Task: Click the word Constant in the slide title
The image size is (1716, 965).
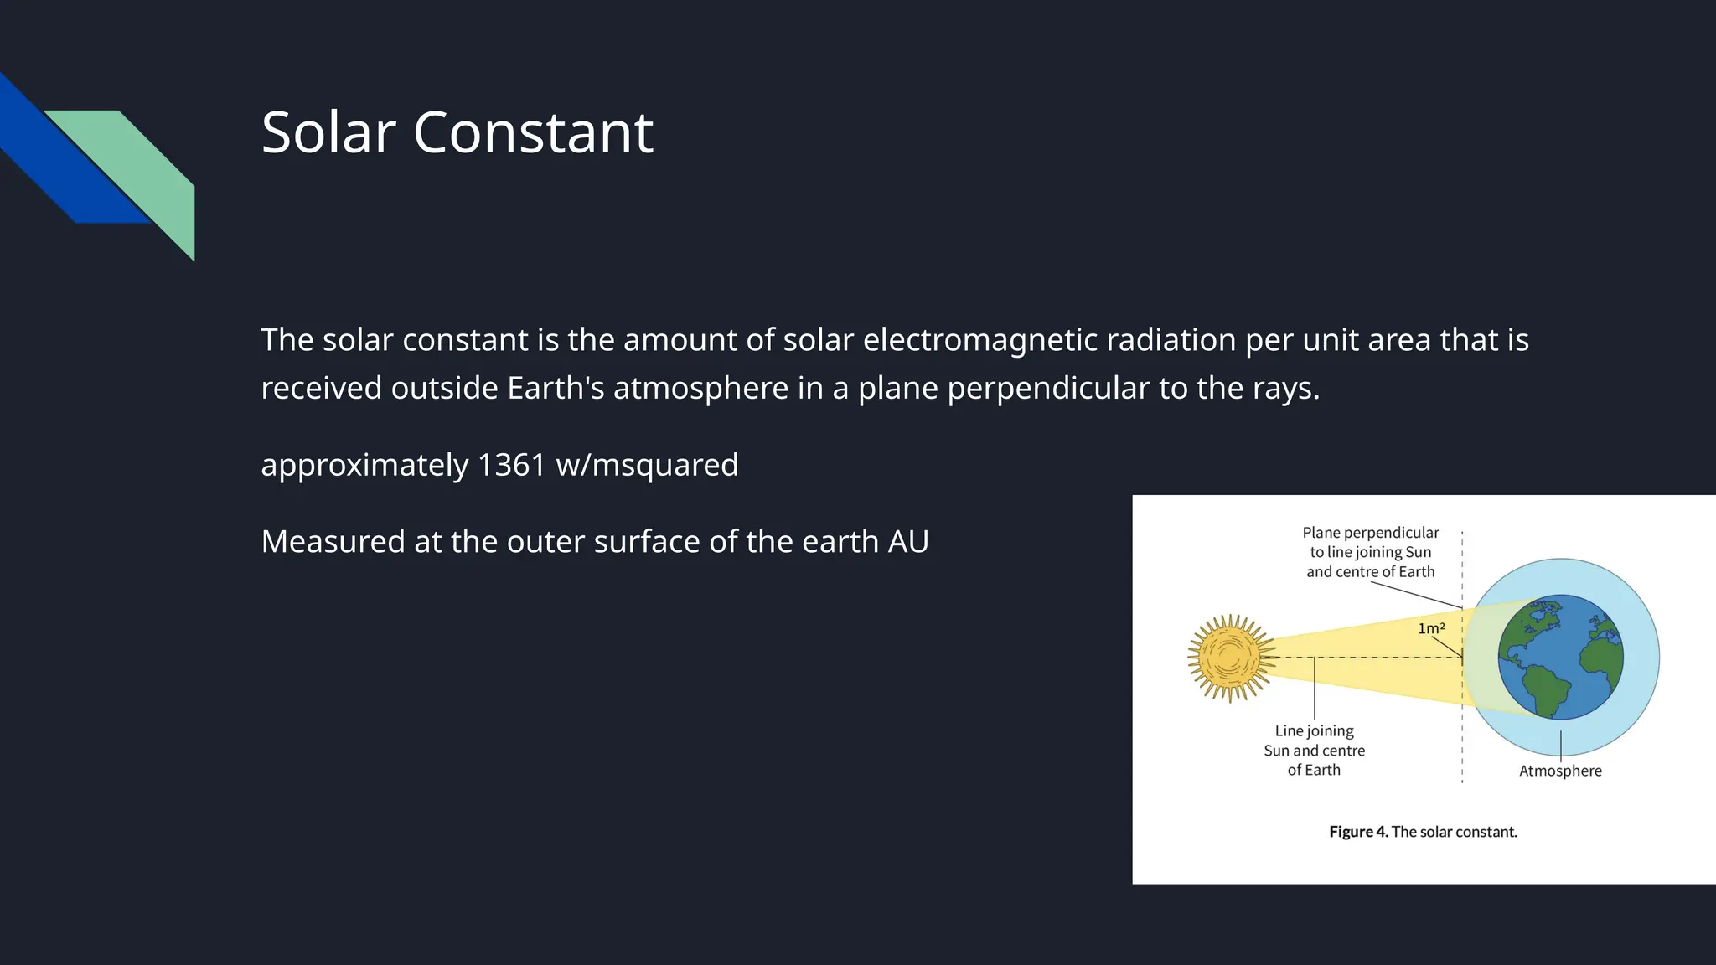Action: point(533,132)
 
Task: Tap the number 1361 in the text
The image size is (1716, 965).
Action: point(511,465)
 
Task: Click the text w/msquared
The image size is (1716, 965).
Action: point(647,465)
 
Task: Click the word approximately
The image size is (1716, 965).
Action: point(364,466)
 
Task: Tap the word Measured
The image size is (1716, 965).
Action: point(333,542)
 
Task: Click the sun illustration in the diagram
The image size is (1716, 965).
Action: point(1229,658)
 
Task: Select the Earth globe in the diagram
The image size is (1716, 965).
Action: point(1560,658)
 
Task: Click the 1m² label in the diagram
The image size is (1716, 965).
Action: point(1431,628)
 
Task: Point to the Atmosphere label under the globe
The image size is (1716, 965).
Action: point(1560,771)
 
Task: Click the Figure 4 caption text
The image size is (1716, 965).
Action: point(1423,832)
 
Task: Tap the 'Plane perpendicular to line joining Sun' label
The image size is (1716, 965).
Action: point(1371,552)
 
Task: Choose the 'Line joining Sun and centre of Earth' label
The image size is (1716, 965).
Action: point(1314,751)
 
